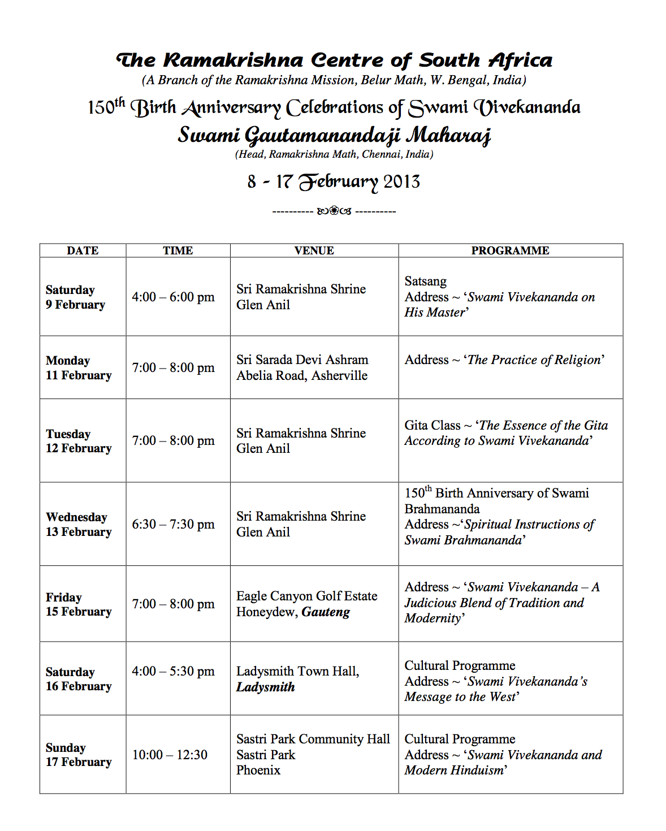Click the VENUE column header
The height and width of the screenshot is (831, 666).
pyautogui.click(x=314, y=250)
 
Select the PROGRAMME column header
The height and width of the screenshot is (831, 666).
pyautogui.click(x=510, y=250)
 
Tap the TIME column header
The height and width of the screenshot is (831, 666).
pyautogui.click(x=178, y=250)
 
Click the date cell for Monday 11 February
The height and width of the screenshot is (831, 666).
pyautogui.click(x=79, y=368)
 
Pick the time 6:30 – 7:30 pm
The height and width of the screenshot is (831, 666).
pyautogui.click(x=173, y=524)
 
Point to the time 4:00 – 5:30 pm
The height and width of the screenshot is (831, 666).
pyautogui.click(x=173, y=671)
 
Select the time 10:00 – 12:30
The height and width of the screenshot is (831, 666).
pyautogui.click(x=170, y=755)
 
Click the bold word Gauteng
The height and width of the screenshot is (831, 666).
pyautogui.click(x=326, y=612)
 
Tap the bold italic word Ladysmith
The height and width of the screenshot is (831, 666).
pyautogui.click(x=265, y=687)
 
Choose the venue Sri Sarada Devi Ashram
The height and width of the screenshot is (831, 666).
pyautogui.click(x=302, y=360)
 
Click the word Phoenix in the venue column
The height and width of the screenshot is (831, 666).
pyautogui.click(x=258, y=770)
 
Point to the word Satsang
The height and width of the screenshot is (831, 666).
pyautogui.click(x=425, y=281)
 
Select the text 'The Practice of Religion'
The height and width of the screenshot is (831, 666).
pyautogui.click(x=534, y=360)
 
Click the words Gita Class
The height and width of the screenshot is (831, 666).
pyautogui.click(x=433, y=425)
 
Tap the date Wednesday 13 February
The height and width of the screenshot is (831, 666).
pyautogui.click(x=79, y=524)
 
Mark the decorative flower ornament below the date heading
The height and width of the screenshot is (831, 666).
pyautogui.click(x=334, y=211)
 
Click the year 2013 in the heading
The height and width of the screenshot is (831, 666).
pyautogui.click(x=401, y=181)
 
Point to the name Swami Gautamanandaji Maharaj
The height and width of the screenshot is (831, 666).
pyautogui.click(x=334, y=135)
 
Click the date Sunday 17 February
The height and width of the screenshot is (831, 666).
pyautogui.click(x=79, y=755)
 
